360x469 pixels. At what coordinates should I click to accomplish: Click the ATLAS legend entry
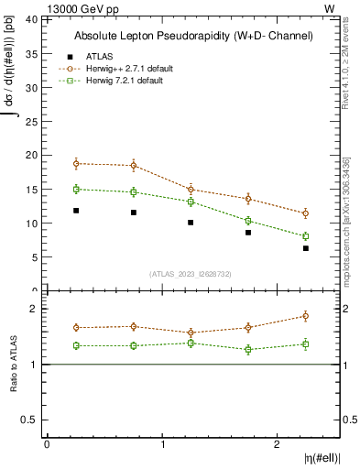point(97,56)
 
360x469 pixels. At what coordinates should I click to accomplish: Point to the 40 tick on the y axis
point(31,19)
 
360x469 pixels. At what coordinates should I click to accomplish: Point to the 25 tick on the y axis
point(31,121)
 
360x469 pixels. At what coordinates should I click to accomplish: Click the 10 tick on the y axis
point(31,224)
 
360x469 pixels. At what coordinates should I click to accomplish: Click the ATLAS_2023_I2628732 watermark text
point(190,274)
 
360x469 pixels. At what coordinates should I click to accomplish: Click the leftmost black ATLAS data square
point(75,211)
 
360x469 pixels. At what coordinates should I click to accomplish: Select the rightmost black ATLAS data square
point(306,248)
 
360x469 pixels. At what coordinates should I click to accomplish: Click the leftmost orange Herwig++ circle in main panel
point(75,164)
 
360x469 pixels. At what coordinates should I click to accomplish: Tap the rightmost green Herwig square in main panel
point(306,236)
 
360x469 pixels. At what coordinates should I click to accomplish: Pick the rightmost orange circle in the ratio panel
point(306,316)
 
